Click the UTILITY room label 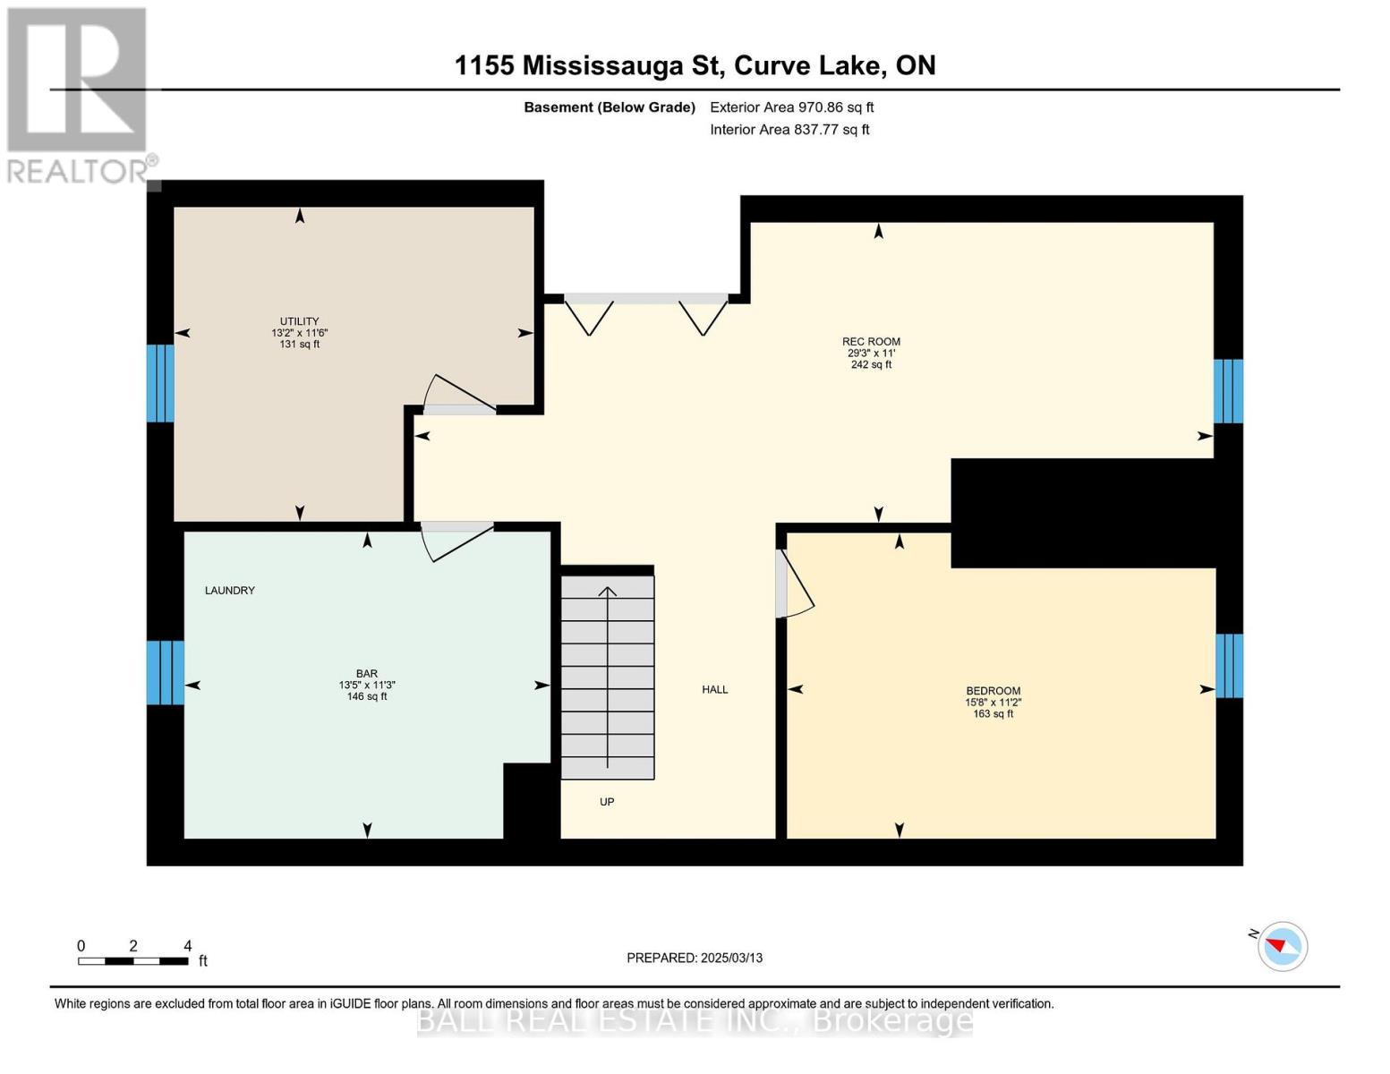point(299,321)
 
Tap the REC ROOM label point(871,341)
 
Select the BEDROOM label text point(993,691)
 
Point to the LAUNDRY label point(230,591)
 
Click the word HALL point(714,689)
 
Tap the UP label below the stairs point(607,802)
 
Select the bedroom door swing point(793,584)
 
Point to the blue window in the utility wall point(160,383)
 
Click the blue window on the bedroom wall point(1229,665)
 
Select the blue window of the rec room point(1228,391)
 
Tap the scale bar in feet point(133,961)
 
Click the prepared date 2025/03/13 point(695,958)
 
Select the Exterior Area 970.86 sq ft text point(791,107)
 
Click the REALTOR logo point(79,95)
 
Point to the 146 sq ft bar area point(367,696)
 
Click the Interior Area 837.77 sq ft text point(789,130)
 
